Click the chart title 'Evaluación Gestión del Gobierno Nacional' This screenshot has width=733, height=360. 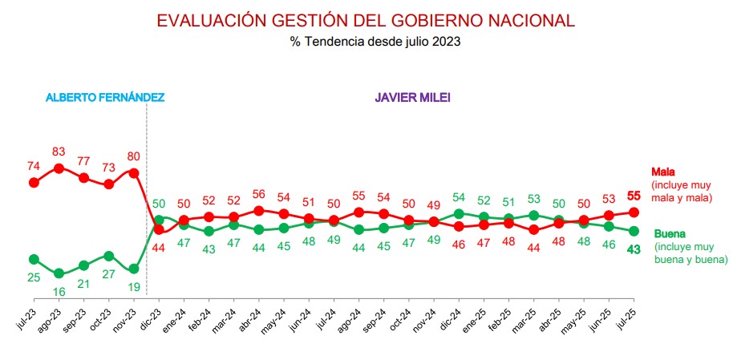tap(366, 20)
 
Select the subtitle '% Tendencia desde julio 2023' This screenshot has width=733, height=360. tap(366, 41)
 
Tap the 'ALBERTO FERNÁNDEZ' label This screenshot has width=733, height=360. tap(105, 97)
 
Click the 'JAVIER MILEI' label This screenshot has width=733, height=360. tap(411, 97)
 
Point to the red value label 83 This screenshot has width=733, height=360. tap(59, 152)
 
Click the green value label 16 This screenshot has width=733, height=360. tap(59, 292)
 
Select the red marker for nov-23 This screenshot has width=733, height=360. tap(134, 173)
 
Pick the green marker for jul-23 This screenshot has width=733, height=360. tap(34, 259)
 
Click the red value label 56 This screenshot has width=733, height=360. tap(258, 194)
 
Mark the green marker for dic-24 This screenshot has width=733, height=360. tap(459, 214)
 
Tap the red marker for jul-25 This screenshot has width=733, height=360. tap(634, 212)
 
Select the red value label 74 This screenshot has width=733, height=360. tap(34, 166)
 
